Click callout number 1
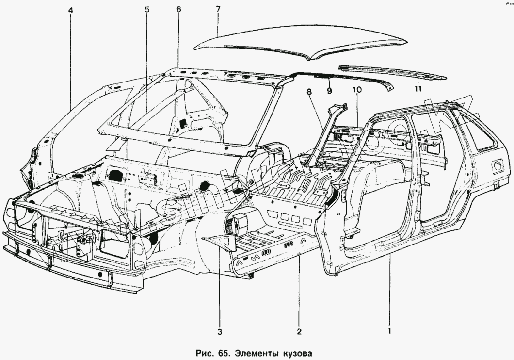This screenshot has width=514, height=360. point(389,332)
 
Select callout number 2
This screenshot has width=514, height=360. point(299,332)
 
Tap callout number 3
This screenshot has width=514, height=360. point(220,332)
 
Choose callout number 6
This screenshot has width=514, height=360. point(178,9)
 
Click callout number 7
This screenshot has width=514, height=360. point(218,9)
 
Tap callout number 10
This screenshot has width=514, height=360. point(357,90)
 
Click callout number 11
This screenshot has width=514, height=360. point(418,88)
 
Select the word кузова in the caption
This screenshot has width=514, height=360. point(293,351)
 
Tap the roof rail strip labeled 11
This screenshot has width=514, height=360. point(393,72)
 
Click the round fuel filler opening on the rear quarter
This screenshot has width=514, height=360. point(496,166)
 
